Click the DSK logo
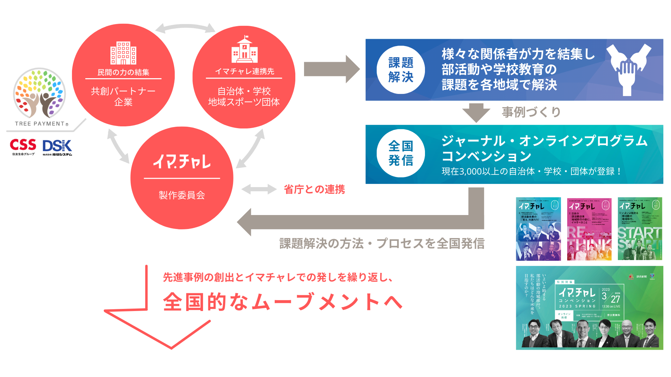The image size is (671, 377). [57, 146]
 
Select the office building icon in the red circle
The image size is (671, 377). [123, 53]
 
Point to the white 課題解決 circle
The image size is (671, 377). [401, 70]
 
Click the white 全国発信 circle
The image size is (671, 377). [401, 153]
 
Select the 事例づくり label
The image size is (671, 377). [531, 112]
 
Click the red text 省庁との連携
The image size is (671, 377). [314, 190]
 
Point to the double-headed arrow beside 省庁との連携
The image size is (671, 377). [259, 189]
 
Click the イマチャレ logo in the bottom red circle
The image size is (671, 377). [182, 162]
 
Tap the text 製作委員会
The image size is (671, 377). [182, 195]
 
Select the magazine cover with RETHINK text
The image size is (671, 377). [589, 229]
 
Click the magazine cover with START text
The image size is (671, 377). [640, 229]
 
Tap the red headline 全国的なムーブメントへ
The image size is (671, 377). [283, 302]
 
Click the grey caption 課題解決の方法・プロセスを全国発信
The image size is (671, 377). [382, 244]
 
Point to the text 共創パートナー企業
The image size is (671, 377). [123, 96]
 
